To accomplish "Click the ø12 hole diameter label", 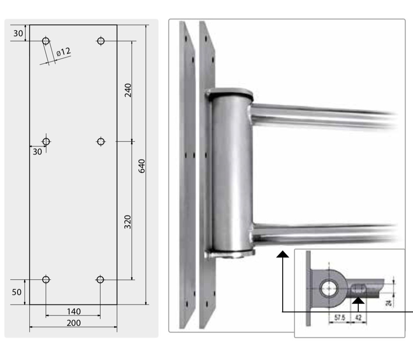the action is tap(64, 52).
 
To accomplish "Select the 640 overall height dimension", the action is tap(142, 166).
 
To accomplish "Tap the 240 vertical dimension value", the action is tap(128, 90).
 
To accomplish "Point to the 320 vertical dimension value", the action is tap(128, 222).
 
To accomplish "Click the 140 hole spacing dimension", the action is tap(74, 312).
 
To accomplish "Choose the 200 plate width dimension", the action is tap(74, 323).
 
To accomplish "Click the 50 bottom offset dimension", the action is tap(17, 292).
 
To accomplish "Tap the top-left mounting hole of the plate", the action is tap(46, 41).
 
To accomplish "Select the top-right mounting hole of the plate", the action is tap(101, 41).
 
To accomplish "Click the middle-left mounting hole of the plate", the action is tap(46, 142).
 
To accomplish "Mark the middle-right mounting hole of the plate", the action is tap(101, 142).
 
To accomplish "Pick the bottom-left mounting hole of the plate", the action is tap(46, 279).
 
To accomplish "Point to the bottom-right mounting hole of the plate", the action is tap(100, 279).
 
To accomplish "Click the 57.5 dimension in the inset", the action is tap(340, 317).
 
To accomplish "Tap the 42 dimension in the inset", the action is tap(358, 317).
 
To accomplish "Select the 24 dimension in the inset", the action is tap(389, 303).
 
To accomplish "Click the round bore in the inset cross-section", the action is tap(329, 288).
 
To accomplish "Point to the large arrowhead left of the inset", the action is tap(283, 254).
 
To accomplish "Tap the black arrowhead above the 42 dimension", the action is tap(358, 300).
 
